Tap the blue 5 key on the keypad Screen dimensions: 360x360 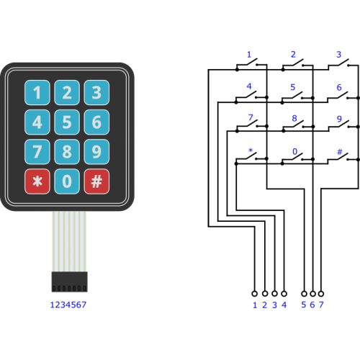pyautogui.click(x=67, y=122)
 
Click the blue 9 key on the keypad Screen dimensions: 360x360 pyautogui.click(x=96, y=152)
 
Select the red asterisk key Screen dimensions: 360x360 pyautogui.click(x=37, y=181)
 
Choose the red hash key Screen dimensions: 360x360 pyautogui.click(x=96, y=181)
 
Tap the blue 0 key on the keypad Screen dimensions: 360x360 pyautogui.click(x=67, y=181)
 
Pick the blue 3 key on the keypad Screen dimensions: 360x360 pyautogui.click(x=96, y=92)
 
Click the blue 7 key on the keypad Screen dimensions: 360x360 pyautogui.click(x=37, y=152)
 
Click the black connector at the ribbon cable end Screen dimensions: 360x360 pyautogui.click(x=70, y=282)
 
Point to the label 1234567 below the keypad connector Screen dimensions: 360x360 pyautogui.click(x=68, y=305)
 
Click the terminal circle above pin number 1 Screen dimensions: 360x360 pyautogui.click(x=255, y=294)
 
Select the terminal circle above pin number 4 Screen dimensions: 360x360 pyautogui.click(x=284, y=294)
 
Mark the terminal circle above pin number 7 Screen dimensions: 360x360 pyautogui.click(x=321, y=294)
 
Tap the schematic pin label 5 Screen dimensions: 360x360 pyautogui.click(x=304, y=305)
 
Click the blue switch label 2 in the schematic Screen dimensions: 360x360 pyautogui.click(x=293, y=55)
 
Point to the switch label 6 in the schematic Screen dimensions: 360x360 pyautogui.click(x=339, y=87)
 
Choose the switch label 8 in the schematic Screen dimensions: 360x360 pyautogui.click(x=294, y=118)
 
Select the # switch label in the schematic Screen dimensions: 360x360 pyautogui.click(x=340, y=152)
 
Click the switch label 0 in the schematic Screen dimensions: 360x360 pyautogui.click(x=295, y=151)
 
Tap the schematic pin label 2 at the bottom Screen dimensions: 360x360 pyautogui.click(x=264, y=305)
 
